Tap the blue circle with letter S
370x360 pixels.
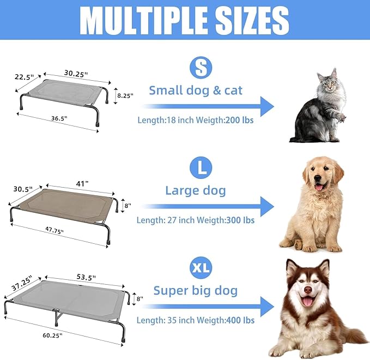201,67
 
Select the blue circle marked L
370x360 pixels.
201,167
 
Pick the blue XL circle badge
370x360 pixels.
201,267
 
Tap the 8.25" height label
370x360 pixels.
125,95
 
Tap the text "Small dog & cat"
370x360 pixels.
196,91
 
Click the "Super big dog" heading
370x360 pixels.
195,290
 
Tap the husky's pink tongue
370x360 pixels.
310,302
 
